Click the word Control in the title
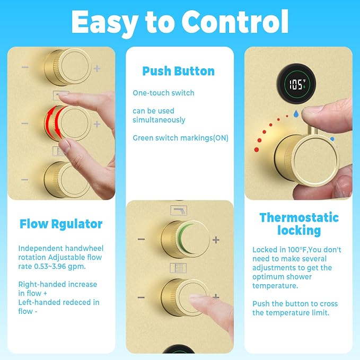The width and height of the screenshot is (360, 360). point(235,22)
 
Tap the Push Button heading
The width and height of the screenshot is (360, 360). point(178,71)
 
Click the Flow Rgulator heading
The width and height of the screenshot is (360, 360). point(61,224)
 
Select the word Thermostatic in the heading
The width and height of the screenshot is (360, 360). point(299,217)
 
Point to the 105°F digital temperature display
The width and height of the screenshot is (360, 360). point(296,84)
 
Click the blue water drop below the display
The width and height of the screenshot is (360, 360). point(296,113)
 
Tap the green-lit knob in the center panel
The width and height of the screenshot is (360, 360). point(186,239)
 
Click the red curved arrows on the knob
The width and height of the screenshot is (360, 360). point(55,123)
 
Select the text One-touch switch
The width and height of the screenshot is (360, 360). point(163,93)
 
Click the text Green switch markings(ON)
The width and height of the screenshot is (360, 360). point(180,138)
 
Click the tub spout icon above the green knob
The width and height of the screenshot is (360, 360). point(179,210)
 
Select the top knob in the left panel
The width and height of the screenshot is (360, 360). point(67,67)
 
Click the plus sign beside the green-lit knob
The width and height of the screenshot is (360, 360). point(216,240)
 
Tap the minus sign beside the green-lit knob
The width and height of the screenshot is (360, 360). point(141,240)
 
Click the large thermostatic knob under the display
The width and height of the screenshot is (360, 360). point(306,160)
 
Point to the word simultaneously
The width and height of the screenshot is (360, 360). point(159,120)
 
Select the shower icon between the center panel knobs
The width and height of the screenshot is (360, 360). point(178,268)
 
